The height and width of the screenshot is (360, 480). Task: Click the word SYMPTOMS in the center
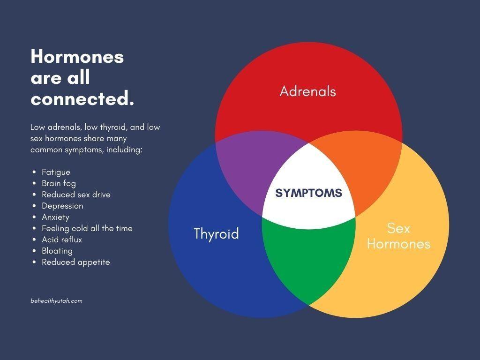click(x=308, y=193)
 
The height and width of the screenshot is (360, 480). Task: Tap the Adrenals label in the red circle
click(x=307, y=91)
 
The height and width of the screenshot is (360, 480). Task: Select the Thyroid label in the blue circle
click(x=216, y=234)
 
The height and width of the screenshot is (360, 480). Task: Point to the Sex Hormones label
click(x=398, y=236)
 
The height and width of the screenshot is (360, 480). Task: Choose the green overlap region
click(x=308, y=260)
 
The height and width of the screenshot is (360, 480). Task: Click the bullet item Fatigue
click(x=56, y=172)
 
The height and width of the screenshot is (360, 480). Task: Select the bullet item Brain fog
click(x=59, y=183)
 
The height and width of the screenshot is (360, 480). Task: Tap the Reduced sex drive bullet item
click(x=76, y=195)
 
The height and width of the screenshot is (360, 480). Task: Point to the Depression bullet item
click(x=62, y=206)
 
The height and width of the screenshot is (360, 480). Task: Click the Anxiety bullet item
click(x=55, y=217)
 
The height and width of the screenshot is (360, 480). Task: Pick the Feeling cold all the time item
click(x=87, y=228)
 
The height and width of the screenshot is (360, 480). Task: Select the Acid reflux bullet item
click(x=62, y=240)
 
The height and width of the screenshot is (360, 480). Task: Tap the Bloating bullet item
click(x=57, y=251)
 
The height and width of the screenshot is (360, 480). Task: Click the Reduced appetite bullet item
click(x=76, y=262)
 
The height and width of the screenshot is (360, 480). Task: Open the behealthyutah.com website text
click(x=57, y=301)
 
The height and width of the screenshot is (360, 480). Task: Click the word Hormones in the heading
click(x=77, y=57)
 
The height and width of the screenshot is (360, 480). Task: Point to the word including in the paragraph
click(x=124, y=150)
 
